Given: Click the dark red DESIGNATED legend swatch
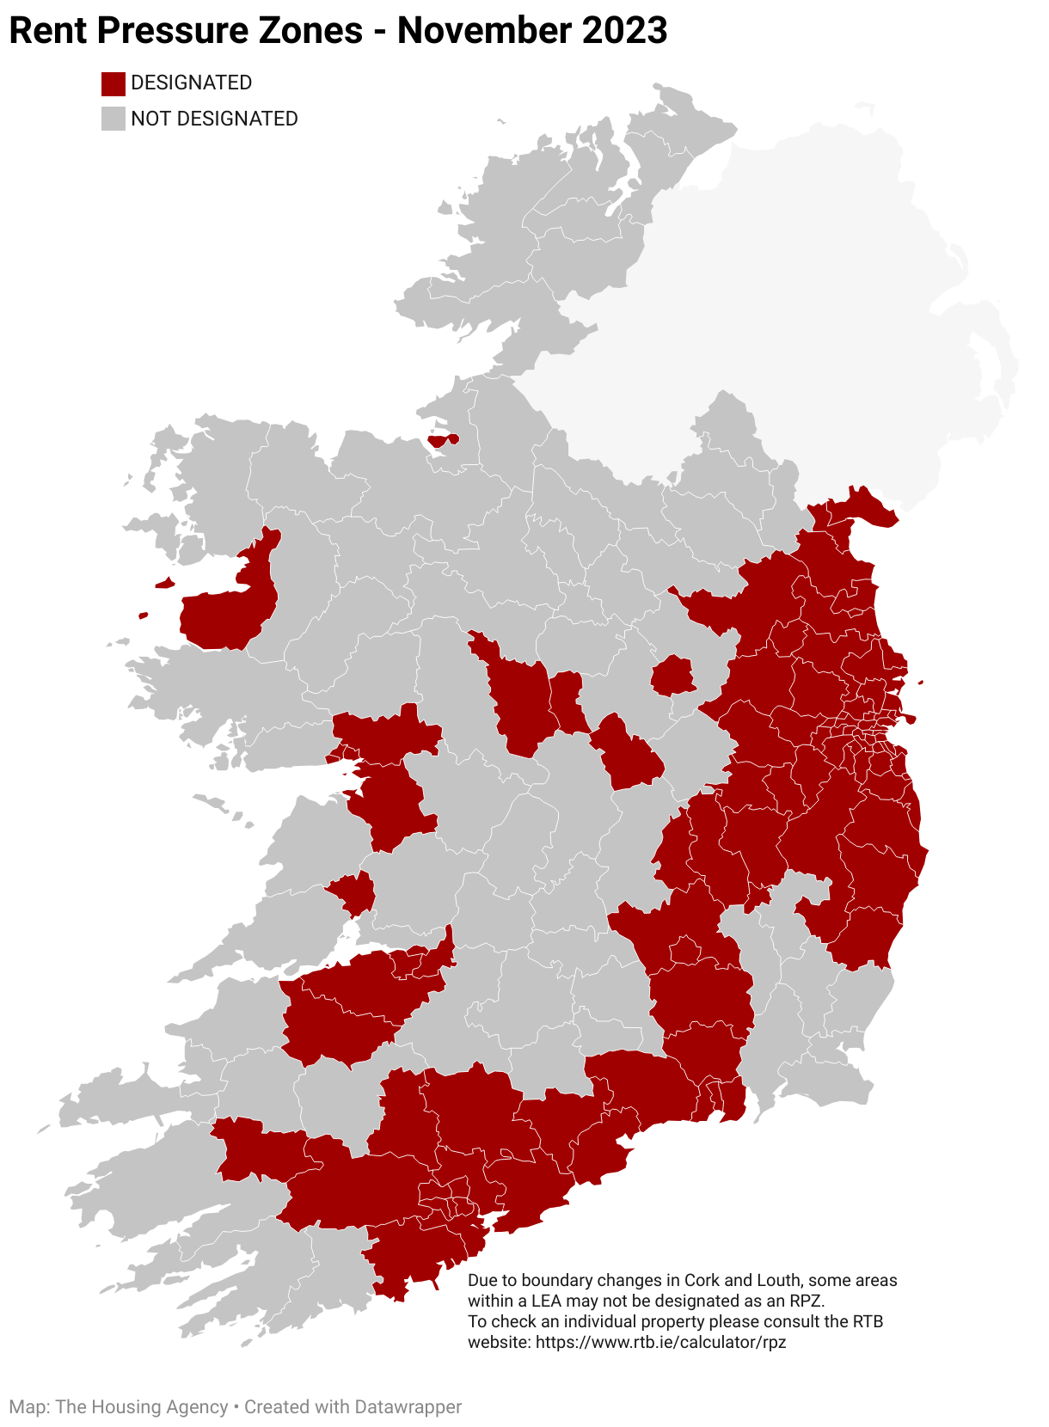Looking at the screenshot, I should pos(113,83).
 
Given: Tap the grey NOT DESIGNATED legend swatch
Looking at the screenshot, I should pos(113,119).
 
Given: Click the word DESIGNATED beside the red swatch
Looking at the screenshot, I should pos(191,83).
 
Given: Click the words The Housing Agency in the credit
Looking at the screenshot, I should pos(143,1407).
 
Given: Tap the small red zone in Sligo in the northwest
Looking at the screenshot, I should pos(443,440).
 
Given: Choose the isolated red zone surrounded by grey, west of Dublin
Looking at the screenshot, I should pos(673,676).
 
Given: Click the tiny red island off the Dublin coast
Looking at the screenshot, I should pos(921,683).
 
